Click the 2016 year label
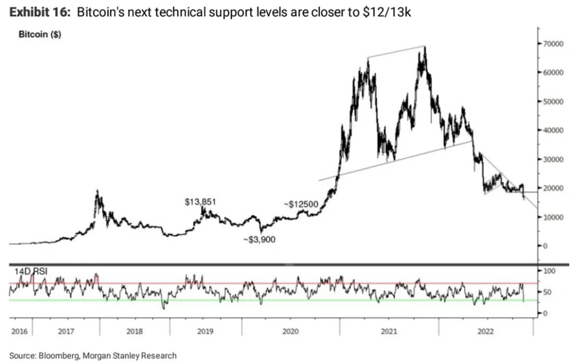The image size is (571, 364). pos(20,331)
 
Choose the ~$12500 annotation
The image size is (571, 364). pos(301,204)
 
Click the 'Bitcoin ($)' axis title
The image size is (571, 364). pos(40,35)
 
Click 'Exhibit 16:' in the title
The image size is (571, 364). pos(38,12)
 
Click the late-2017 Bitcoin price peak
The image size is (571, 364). pos(98,191)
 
